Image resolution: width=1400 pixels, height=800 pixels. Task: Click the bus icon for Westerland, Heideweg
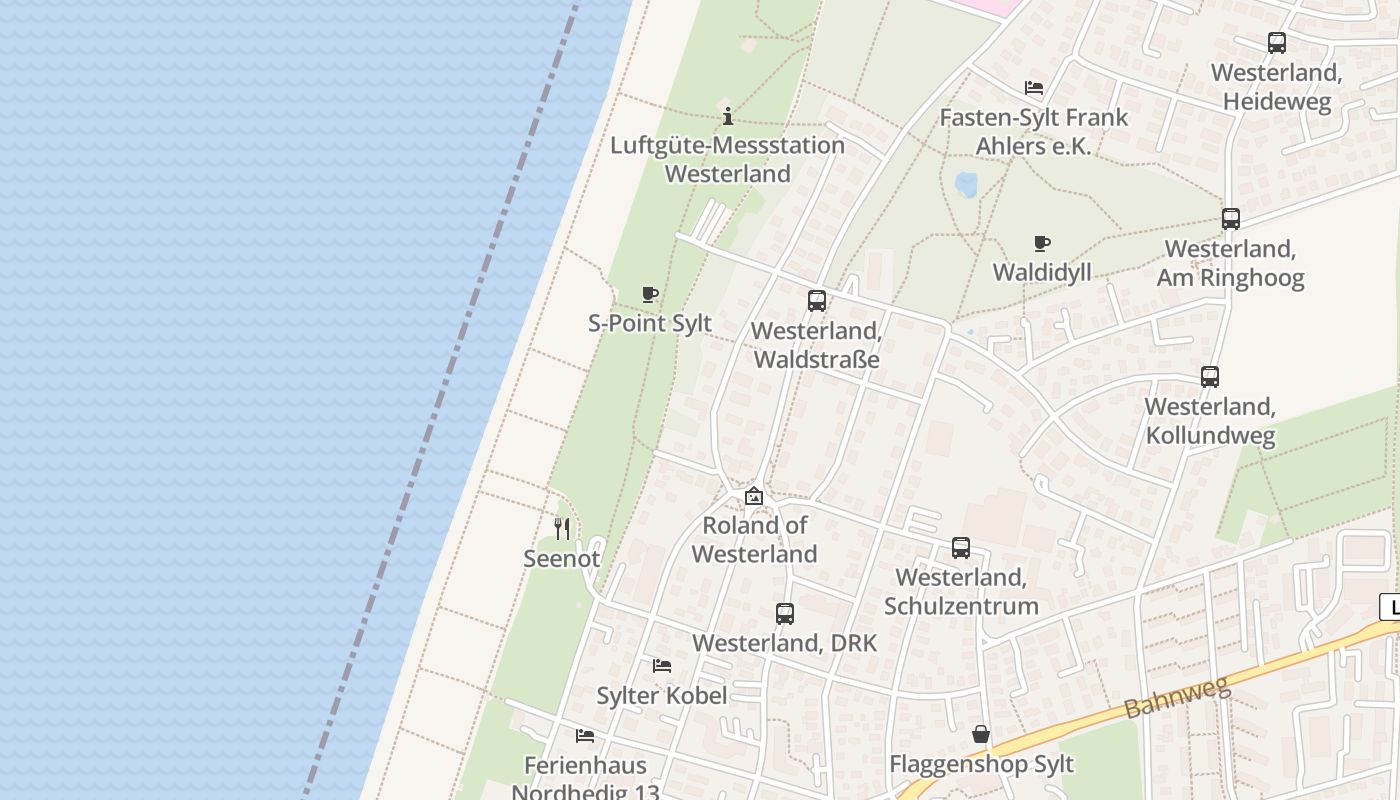pos(1277,43)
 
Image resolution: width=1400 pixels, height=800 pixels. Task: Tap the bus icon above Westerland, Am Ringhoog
pos(1231,219)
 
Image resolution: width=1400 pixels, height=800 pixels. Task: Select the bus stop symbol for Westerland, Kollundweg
pos(1210,377)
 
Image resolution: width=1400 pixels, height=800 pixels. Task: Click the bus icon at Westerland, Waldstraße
pos(817,300)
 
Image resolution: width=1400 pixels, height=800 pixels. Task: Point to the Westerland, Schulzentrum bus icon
pos(961,548)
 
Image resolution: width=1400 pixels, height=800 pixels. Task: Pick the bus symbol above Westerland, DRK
pos(785,614)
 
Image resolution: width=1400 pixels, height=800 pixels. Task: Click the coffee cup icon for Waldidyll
pos(1042,243)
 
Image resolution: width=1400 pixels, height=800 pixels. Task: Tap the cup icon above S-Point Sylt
pos(650,294)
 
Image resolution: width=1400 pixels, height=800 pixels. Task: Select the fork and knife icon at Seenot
pos(562,528)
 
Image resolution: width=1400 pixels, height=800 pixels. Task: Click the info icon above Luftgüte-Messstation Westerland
pos(728,116)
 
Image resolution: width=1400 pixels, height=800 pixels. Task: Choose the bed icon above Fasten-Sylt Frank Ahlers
pos(1034,88)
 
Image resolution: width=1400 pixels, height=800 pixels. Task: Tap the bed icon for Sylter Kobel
pos(662,665)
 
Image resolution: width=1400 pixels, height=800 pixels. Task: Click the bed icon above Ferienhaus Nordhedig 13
pos(585,736)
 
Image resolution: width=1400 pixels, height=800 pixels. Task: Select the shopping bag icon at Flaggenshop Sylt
pos(981,734)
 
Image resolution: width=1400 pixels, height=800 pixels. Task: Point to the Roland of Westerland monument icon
pos(754,496)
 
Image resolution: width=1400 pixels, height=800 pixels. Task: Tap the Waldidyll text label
pos(1042,272)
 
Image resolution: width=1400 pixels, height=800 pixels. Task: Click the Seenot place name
pos(562,558)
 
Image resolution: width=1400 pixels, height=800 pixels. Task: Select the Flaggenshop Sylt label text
pos(982,764)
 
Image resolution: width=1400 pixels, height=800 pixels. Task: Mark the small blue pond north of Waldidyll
pos(966,184)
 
